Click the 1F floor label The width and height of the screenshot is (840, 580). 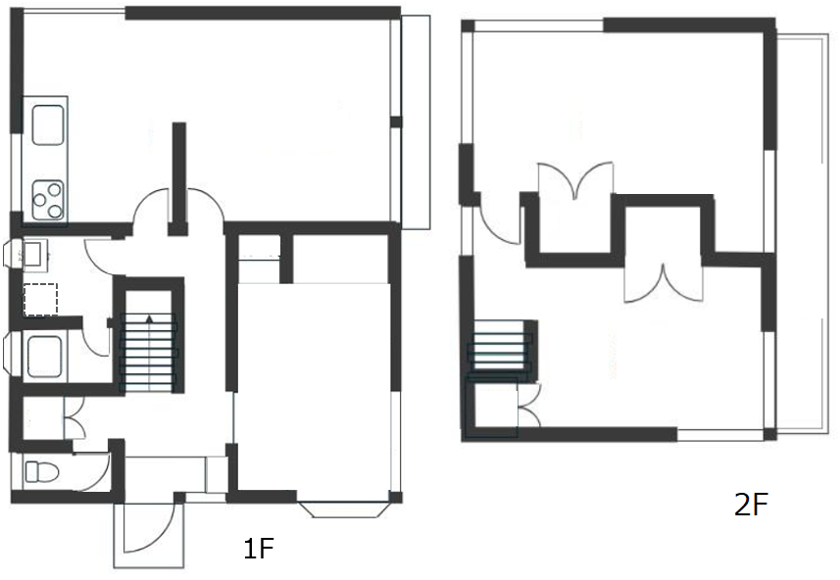tap(259, 549)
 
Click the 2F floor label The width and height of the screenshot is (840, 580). tap(751, 505)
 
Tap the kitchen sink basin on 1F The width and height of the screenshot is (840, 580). tap(48, 124)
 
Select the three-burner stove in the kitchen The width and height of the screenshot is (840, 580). tap(48, 200)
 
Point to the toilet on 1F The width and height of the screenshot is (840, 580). tap(41, 472)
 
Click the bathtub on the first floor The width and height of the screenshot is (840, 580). tap(44, 357)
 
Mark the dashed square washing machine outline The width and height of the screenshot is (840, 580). tap(41, 300)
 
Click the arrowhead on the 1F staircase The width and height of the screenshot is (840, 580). tap(149, 319)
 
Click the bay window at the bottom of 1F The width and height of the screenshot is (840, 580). tap(343, 509)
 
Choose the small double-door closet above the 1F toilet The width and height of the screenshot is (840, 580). tap(74, 417)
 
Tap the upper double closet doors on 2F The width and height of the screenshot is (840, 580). tap(575, 180)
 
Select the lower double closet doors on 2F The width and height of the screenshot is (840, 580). tap(664, 284)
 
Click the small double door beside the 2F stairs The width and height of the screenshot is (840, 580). tap(528, 406)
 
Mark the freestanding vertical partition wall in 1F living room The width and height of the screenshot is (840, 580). tap(179, 179)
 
